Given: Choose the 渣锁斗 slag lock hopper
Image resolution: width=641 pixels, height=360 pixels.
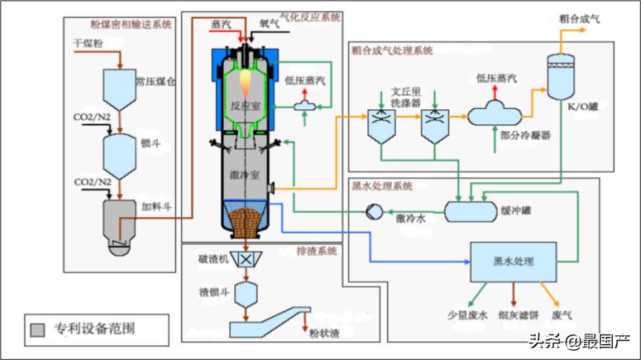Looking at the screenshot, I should (248, 293).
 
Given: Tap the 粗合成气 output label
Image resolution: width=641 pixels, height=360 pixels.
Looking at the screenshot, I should (580, 17).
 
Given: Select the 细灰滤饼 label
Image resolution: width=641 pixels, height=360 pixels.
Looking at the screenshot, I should (516, 315).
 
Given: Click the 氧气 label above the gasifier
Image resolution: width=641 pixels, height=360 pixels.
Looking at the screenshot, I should (270, 23).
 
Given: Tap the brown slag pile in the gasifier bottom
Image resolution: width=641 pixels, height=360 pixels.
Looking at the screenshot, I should (247, 221).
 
